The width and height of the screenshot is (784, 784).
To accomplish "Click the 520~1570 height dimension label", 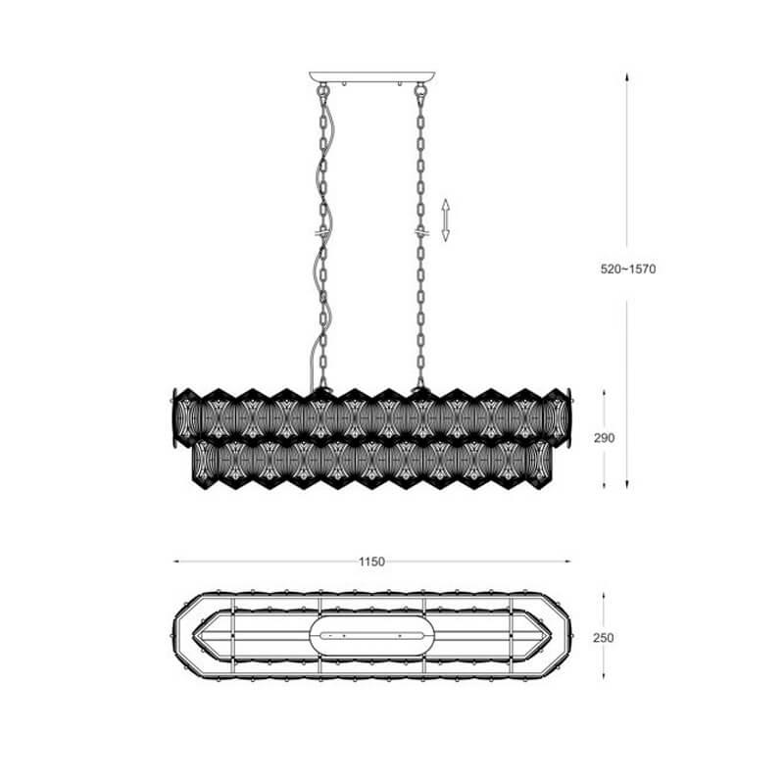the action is click(628, 269).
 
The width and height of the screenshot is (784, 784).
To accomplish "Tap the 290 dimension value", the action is click(604, 438).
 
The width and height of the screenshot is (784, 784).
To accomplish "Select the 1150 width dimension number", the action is click(372, 562).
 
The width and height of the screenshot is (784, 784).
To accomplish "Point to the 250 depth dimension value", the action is click(604, 638).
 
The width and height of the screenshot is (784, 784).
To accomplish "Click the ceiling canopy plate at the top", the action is click(372, 77).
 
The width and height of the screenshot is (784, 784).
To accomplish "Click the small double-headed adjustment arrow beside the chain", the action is click(446, 220).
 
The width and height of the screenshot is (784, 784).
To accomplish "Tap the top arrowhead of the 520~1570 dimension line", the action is click(627, 77).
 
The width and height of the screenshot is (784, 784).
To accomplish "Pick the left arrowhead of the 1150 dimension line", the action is click(177, 562).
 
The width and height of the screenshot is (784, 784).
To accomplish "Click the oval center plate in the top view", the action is click(372, 636).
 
